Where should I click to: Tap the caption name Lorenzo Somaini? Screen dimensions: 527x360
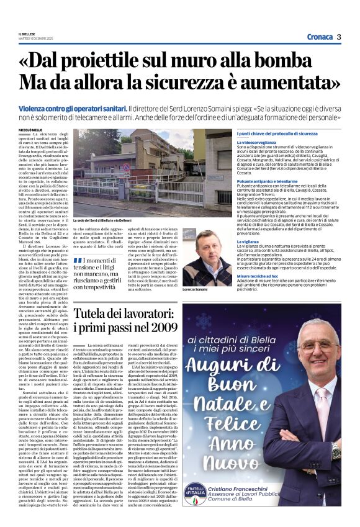coord(212,290)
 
